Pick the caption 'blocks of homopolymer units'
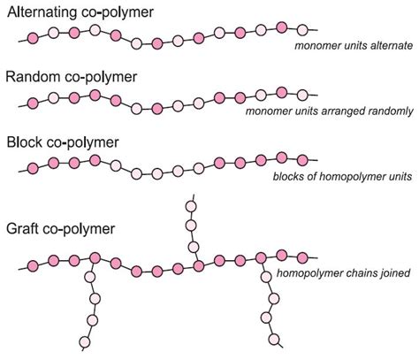[341, 178]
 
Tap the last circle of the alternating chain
[303, 31]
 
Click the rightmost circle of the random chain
[303, 95]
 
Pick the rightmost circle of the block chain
[303, 160]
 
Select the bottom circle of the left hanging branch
[85, 342]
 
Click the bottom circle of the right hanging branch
[275, 339]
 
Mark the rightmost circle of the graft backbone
[303, 257]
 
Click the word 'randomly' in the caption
[386, 111]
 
